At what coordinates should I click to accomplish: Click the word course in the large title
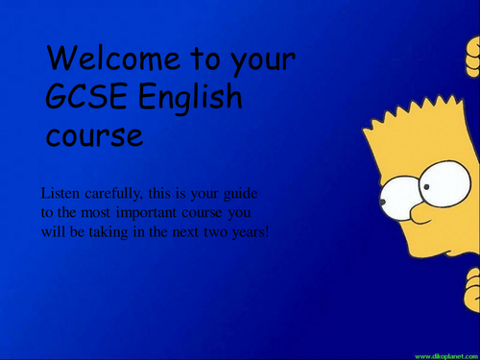coord(94,135)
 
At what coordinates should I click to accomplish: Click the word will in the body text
coord(54,231)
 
